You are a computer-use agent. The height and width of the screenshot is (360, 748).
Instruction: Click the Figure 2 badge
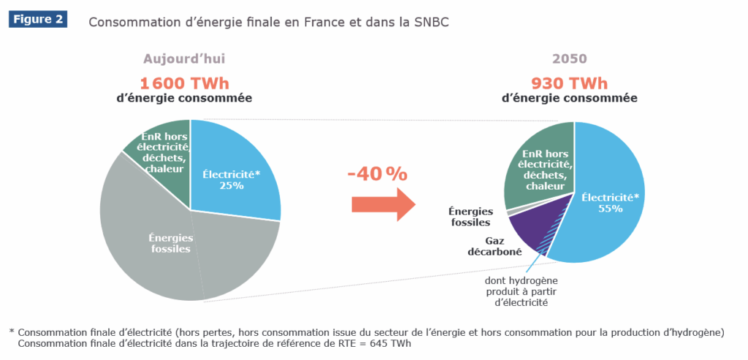38,20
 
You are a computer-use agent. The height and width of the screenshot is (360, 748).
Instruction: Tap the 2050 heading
570,58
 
